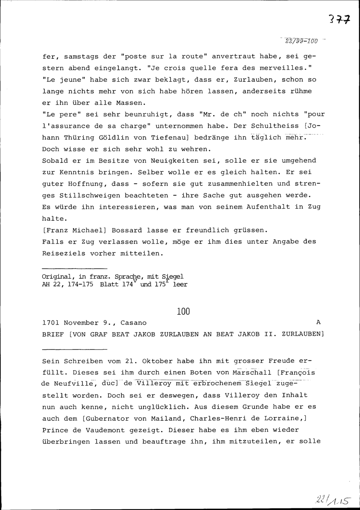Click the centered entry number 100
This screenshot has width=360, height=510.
pos(183,311)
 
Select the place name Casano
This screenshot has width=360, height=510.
pos(134,323)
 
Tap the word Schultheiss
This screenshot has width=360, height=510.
pos(275,126)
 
